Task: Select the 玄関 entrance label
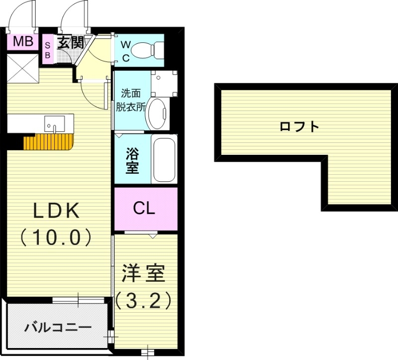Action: pyautogui.click(x=70, y=42)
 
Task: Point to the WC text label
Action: pyautogui.click(x=125, y=50)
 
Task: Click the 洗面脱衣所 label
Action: pyautogui.click(x=131, y=100)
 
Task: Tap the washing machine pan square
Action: pyautogui.click(x=164, y=84)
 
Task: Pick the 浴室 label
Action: pyautogui.click(x=131, y=160)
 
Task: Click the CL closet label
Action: pyautogui.click(x=145, y=209)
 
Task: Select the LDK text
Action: pyautogui.click(x=56, y=211)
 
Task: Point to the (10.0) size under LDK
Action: pyautogui.click(x=56, y=237)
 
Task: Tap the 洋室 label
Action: pyautogui.click(x=144, y=273)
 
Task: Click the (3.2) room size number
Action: pyautogui.click(x=144, y=300)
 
